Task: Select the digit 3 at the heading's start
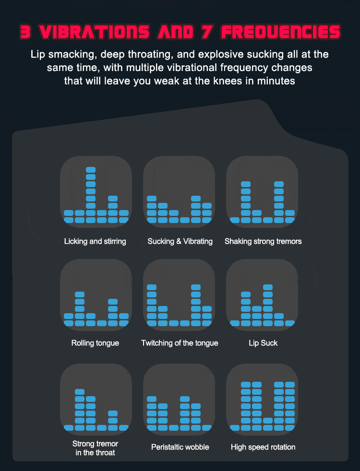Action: (26, 32)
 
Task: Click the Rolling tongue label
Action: (95, 343)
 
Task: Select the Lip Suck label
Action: (263, 343)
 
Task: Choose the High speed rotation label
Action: (263, 447)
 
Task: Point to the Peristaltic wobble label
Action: (180, 447)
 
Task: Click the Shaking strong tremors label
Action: (263, 241)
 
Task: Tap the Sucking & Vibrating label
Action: (180, 241)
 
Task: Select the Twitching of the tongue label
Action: (180, 343)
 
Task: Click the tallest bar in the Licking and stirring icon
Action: (90, 195)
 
